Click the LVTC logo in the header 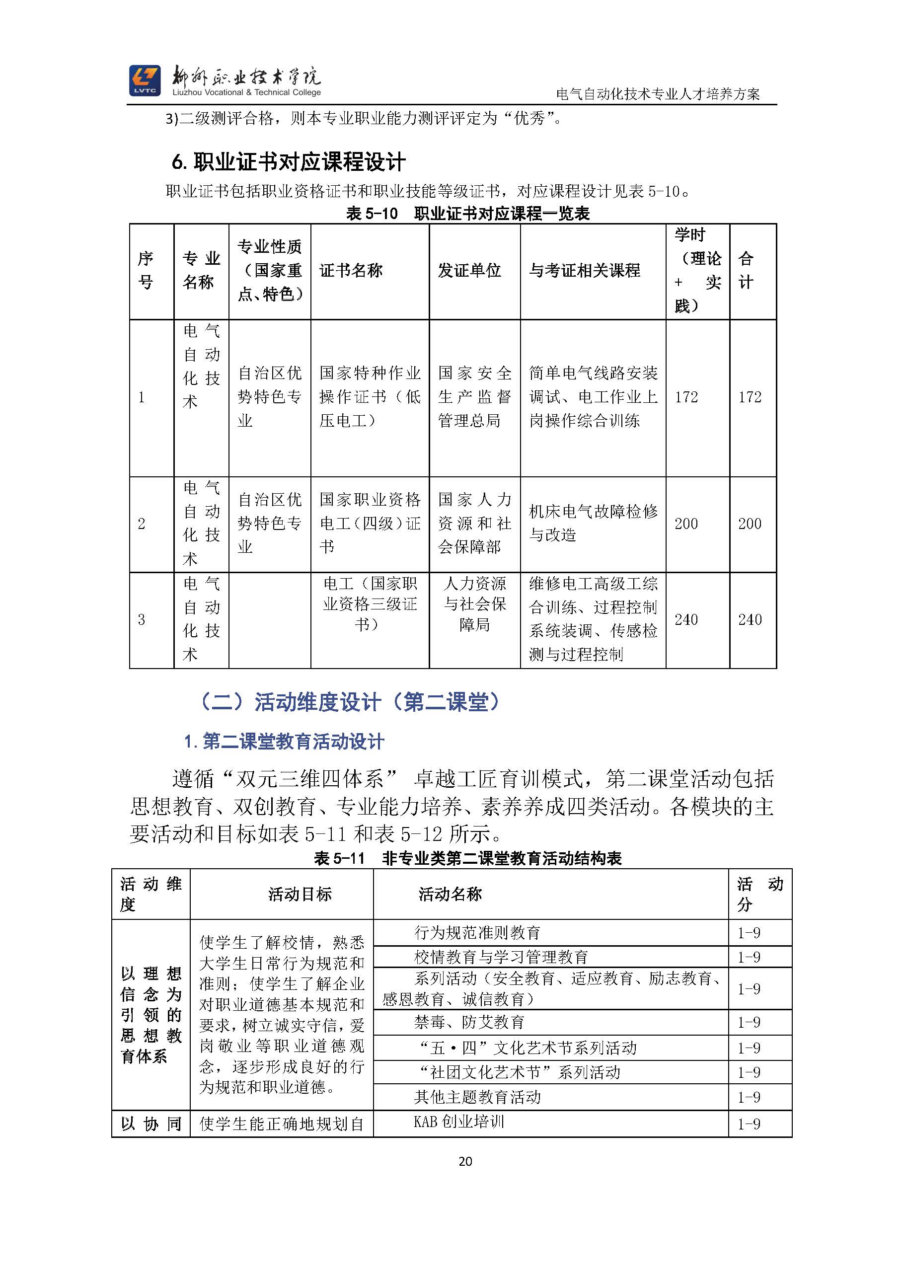144,80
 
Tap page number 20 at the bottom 465,1161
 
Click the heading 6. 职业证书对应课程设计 289,162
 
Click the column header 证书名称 351,271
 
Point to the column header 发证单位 469,271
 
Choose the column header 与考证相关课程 585,271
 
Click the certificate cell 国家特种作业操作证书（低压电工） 370,396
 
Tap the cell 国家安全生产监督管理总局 474,396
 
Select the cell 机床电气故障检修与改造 593,523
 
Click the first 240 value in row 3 686,619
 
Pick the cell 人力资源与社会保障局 474,604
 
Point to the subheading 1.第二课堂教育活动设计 284,742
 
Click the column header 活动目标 300,895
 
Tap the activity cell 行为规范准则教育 477,932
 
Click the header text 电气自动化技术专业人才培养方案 658,94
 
